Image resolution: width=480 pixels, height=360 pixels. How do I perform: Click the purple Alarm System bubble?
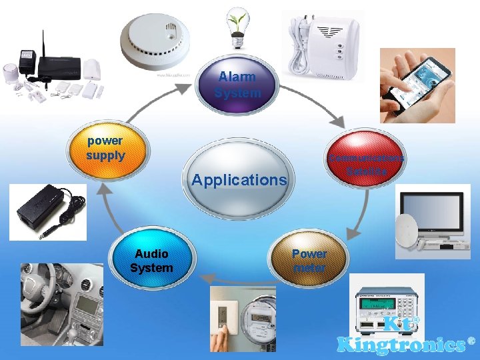tap(237, 85)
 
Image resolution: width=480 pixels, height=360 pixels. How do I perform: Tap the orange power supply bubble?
tap(105, 149)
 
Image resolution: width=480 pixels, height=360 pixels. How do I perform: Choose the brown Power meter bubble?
tap(309, 261)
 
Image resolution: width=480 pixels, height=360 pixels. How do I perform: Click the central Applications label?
tap(239, 179)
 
